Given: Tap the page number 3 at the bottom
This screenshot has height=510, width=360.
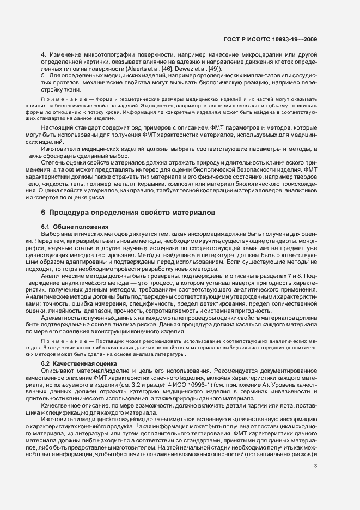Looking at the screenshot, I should pyautogui.click(x=315, y=465).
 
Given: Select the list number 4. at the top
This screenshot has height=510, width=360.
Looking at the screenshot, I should pyautogui.click(x=44, y=56).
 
